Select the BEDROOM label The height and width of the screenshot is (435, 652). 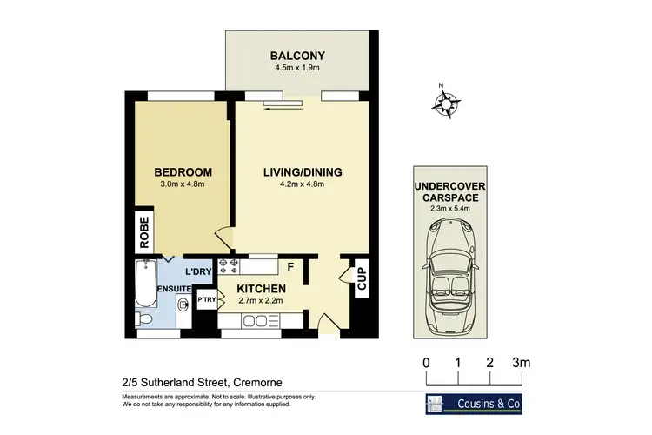(x=183, y=171)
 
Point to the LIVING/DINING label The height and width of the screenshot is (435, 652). (x=303, y=171)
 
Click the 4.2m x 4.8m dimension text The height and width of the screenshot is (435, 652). (x=303, y=184)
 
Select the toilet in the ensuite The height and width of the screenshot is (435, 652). (x=146, y=321)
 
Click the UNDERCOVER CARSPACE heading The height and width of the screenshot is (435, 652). (x=450, y=192)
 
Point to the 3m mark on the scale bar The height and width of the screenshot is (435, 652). (x=522, y=362)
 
